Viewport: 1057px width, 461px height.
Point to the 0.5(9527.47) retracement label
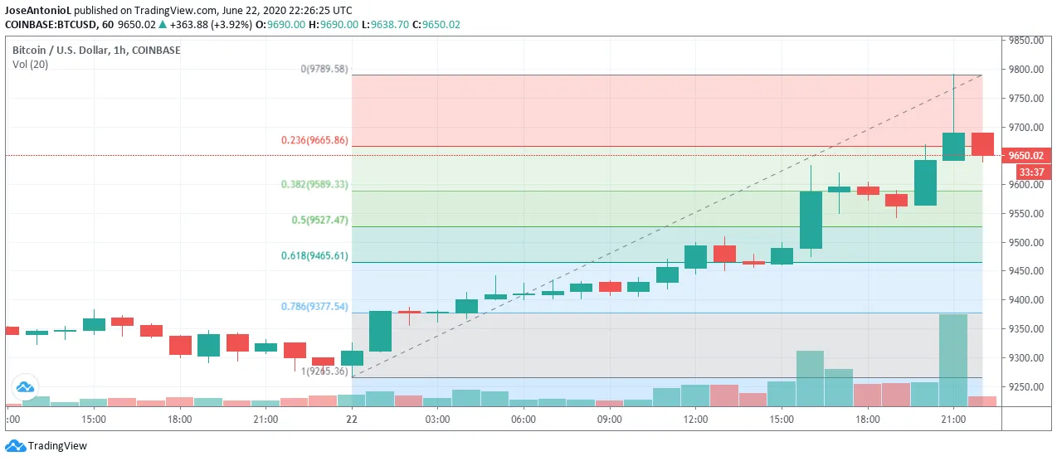(x=319, y=221)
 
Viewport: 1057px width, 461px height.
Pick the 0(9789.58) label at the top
(x=324, y=70)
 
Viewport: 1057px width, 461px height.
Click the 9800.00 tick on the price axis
(x=1025, y=70)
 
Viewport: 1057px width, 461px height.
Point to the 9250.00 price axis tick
(x=1025, y=387)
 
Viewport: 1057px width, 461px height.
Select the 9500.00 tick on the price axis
(x=1025, y=243)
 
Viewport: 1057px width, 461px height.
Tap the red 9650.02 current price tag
(x=1025, y=156)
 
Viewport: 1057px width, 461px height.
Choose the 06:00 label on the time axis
(x=523, y=420)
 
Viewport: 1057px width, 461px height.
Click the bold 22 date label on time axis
(x=352, y=420)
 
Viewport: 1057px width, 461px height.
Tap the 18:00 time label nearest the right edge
(x=867, y=420)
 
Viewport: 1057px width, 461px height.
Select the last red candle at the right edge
(x=982, y=143)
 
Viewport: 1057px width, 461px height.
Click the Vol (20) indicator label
(x=30, y=65)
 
